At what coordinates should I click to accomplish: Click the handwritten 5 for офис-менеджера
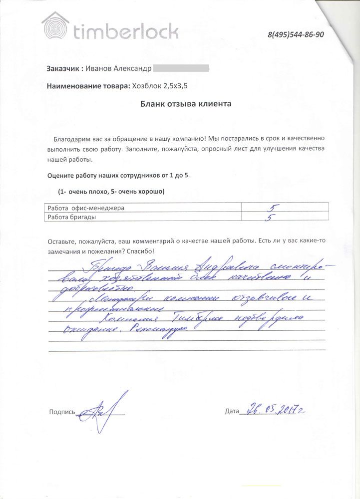pos(273,207)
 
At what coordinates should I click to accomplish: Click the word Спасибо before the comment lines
pos(141,252)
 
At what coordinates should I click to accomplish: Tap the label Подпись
pos(62,412)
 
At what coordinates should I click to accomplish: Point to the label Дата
pos(232,412)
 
